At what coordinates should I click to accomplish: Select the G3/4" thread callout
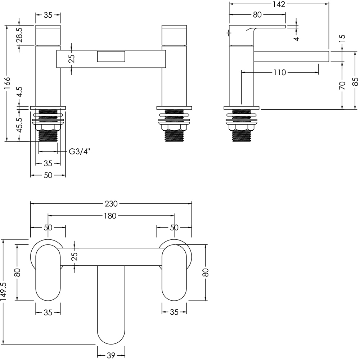[x=80, y=152]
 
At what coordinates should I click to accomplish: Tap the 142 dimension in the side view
[x=279, y=4]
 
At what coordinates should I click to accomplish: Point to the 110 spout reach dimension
[x=279, y=73]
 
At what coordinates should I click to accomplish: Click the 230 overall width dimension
[x=111, y=204]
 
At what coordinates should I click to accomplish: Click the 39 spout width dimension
[x=111, y=356]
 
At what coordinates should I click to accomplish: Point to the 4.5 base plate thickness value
[x=20, y=92]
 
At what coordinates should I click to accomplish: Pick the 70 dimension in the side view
[x=342, y=86]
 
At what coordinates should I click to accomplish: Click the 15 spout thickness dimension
[x=342, y=37]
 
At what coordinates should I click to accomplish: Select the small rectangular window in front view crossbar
[x=111, y=57]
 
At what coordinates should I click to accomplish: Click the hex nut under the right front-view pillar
[x=174, y=128]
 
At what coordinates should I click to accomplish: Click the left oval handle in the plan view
[x=48, y=272]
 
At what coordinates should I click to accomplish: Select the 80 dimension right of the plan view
[x=206, y=272]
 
